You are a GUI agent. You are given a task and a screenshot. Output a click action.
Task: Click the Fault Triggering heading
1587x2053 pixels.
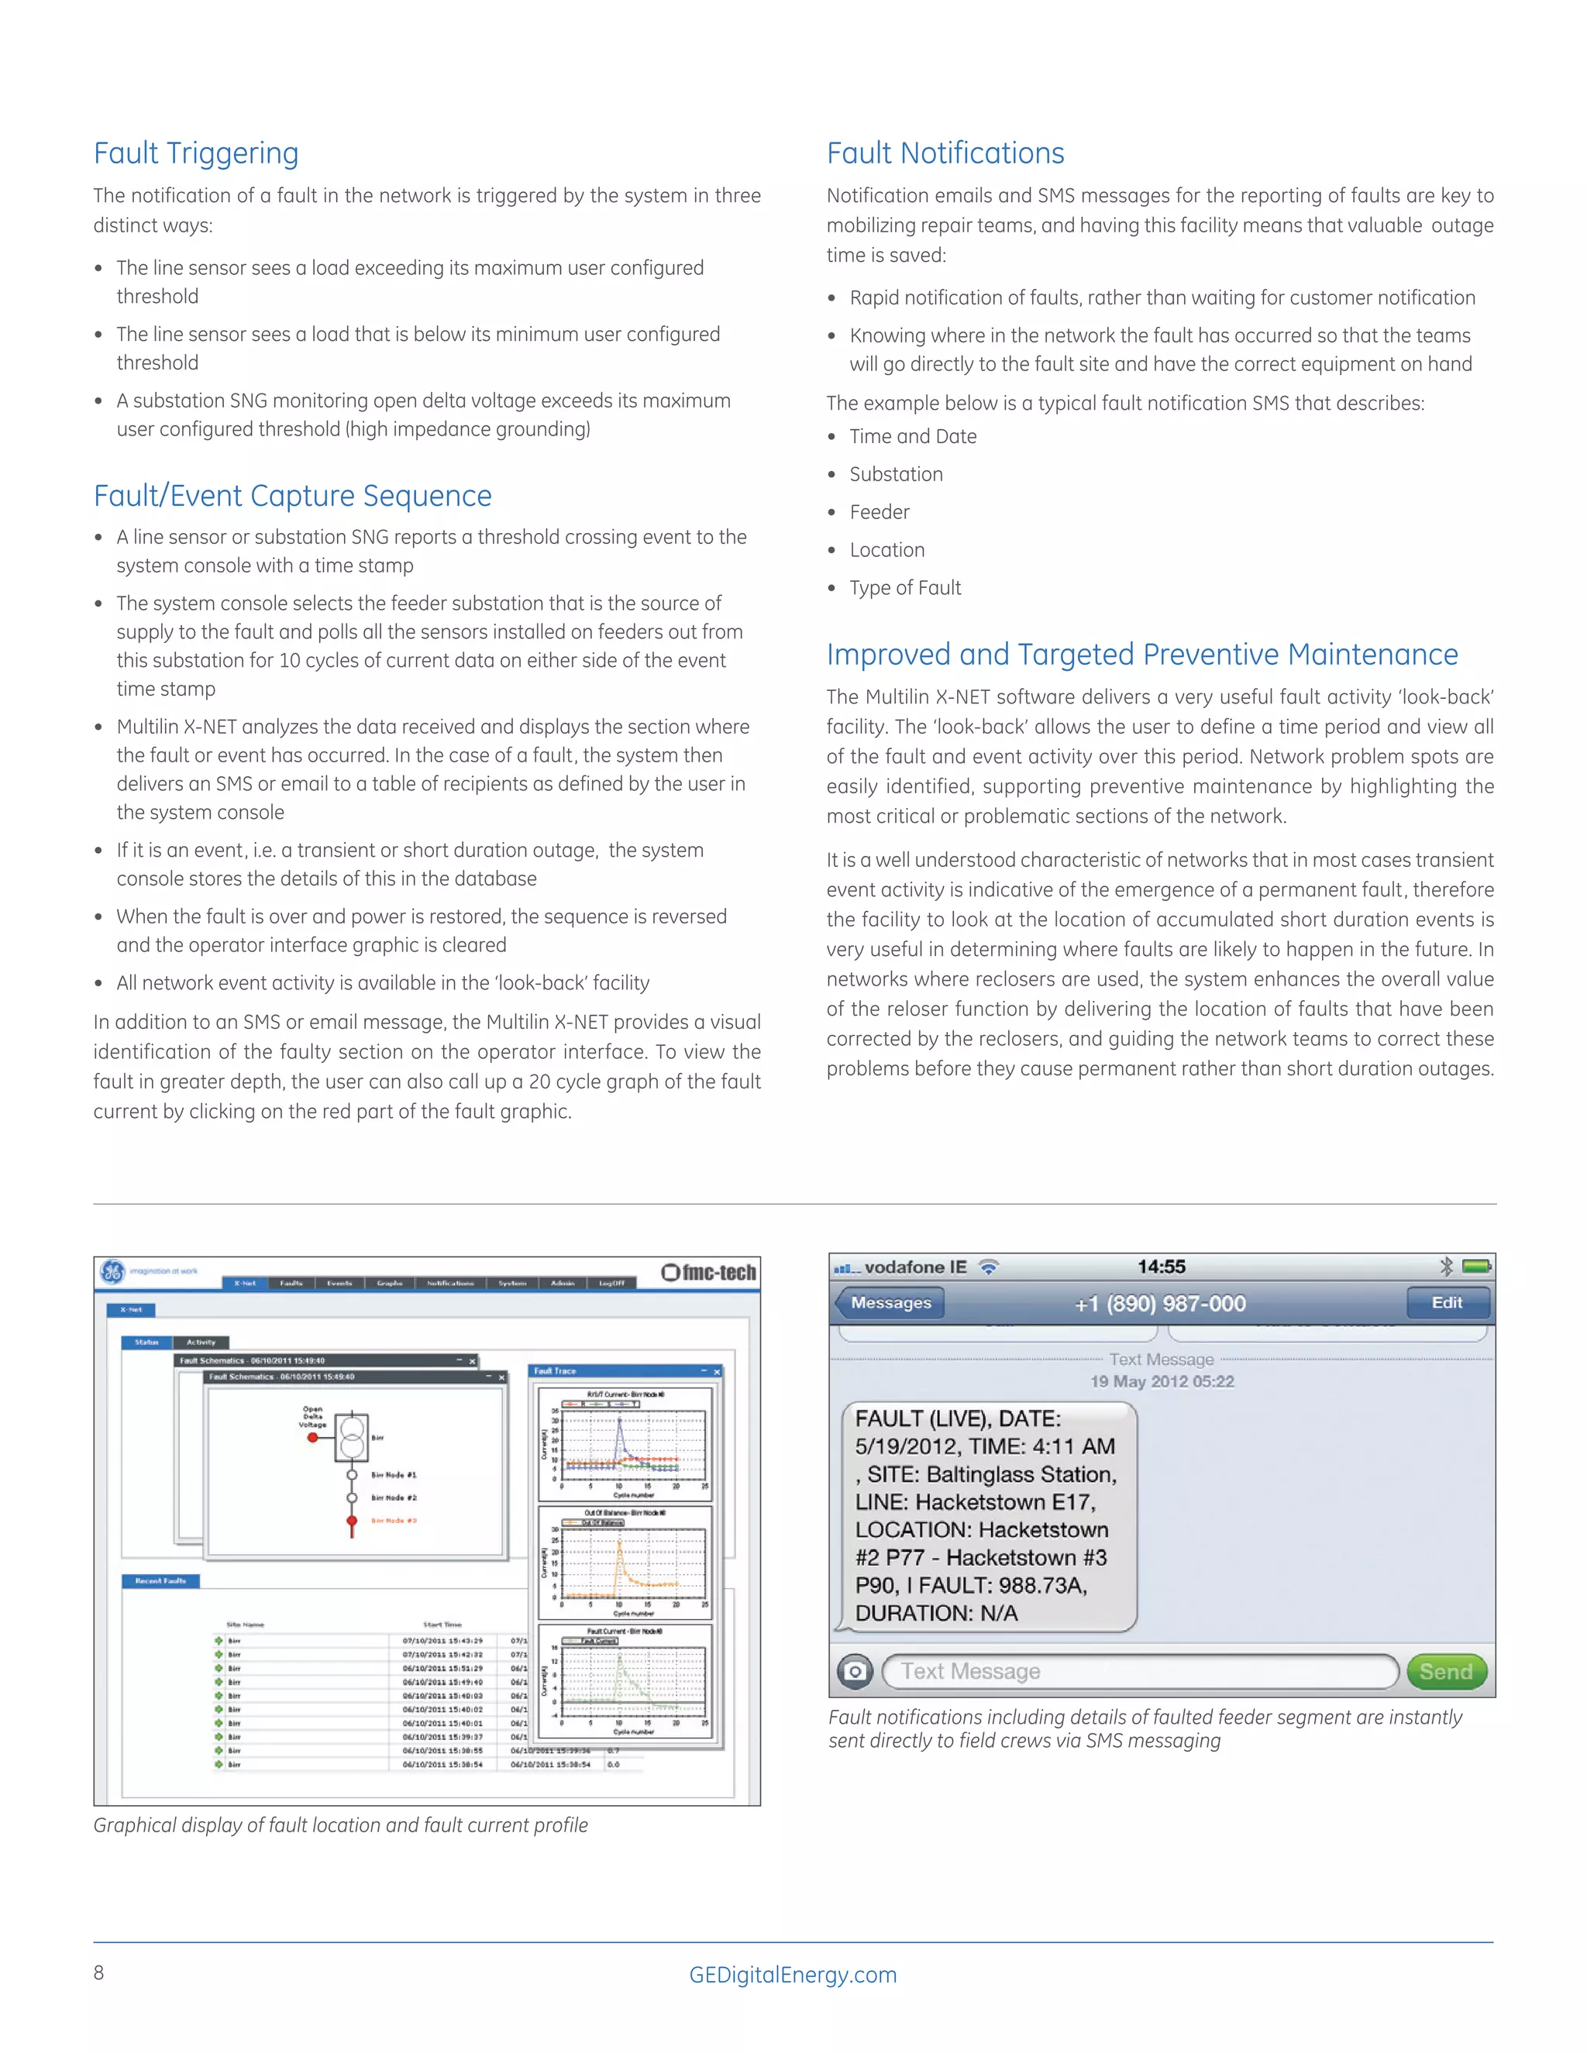pos(195,153)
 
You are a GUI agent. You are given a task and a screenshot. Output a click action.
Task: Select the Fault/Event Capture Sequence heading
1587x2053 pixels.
pos(292,495)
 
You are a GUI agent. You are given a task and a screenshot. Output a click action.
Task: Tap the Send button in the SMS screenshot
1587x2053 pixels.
pos(1445,1671)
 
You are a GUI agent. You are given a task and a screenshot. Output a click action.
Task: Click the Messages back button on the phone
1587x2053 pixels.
pos(890,1303)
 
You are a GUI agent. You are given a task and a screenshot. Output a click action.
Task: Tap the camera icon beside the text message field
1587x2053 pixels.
pos(855,1671)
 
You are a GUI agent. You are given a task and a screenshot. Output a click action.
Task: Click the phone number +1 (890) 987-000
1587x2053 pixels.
pos(1160,1304)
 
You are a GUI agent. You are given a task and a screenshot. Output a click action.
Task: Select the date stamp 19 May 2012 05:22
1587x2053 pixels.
pos(1162,1381)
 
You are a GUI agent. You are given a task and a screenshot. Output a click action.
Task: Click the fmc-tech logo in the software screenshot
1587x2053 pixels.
pos(710,1273)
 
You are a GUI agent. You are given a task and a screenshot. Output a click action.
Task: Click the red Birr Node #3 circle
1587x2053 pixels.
pos(352,1520)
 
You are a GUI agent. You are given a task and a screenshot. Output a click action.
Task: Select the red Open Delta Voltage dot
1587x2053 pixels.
pos(312,1437)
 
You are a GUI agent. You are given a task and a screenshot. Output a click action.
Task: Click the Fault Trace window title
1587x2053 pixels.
pos(555,1370)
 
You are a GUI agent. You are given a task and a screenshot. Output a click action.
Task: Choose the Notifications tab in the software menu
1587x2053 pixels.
pos(450,1283)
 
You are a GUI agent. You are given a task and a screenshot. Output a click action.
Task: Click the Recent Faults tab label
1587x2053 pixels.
pos(160,1581)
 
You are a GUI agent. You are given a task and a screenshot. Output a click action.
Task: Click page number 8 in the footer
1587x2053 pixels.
pos(98,1972)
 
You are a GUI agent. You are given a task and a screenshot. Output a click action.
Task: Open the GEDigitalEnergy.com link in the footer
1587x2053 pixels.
pos(793,1974)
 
